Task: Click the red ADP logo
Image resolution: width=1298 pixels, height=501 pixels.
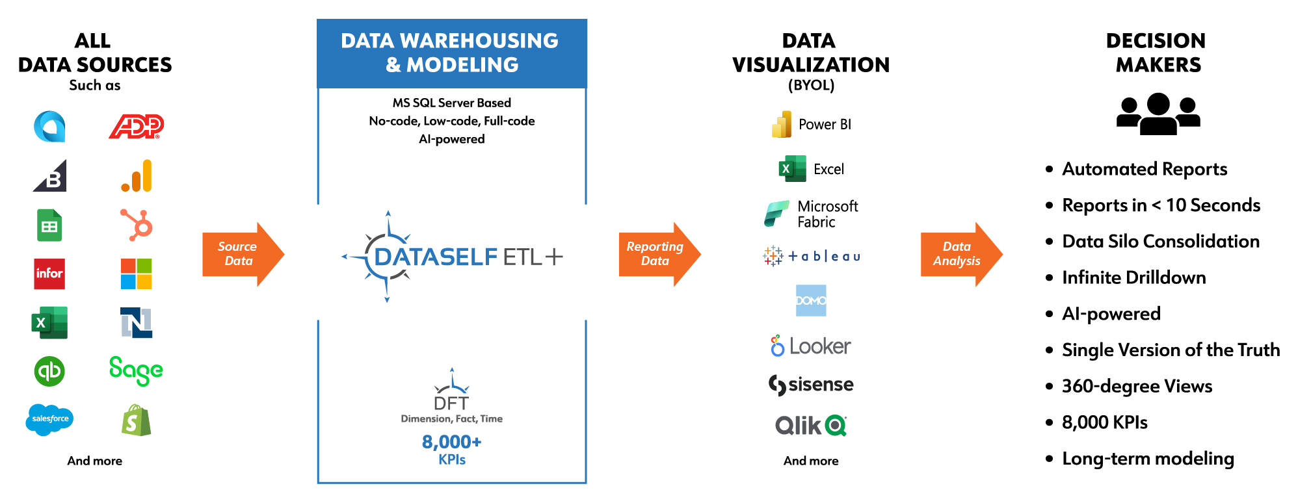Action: [136, 126]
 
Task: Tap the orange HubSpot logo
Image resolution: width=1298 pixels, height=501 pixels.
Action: [137, 225]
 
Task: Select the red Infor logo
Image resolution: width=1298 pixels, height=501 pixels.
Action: [49, 274]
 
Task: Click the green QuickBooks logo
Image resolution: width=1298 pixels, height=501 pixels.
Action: [49, 371]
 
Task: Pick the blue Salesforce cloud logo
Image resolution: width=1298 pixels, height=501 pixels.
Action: [49, 419]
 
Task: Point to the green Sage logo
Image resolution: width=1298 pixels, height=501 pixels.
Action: [136, 370]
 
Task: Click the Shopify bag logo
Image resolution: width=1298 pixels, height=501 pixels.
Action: [136, 420]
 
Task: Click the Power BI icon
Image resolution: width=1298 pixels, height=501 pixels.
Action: [782, 124]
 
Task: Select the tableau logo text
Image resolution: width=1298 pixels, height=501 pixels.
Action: [824, 257]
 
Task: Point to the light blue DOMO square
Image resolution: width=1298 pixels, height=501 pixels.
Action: [811, 300]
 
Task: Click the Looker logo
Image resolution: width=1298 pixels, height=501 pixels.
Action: [811, 346]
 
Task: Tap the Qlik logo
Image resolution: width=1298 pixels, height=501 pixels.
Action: [811, 426]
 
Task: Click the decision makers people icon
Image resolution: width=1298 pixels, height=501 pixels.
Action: [1158, 114]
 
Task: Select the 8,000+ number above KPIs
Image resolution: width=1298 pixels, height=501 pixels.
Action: [451, 442]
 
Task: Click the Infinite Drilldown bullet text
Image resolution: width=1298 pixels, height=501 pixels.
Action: [1133, 277]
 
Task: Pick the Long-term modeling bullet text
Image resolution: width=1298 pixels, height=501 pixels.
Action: [1148, 459]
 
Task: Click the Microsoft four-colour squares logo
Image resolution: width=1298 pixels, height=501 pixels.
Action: [136, 274]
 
